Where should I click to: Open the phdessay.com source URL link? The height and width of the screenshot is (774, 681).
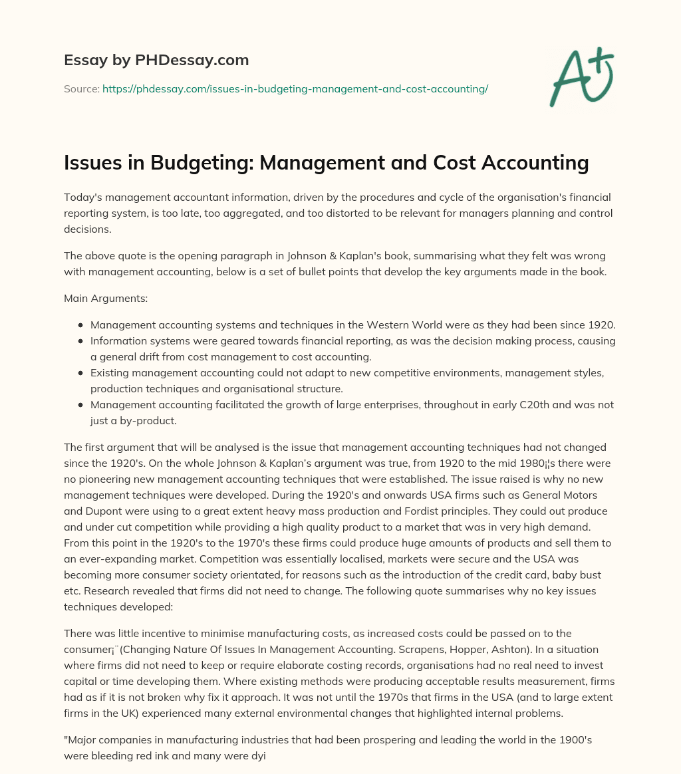click(x=295, y=88)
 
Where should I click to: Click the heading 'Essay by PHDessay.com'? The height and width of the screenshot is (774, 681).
click(x=156, y=60)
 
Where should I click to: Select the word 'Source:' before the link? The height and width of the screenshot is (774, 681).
click(x=81, y=88)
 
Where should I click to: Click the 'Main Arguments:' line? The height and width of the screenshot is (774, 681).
click(x=106, y=299)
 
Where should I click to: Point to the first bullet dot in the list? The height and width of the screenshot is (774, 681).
click(x=80, y=325)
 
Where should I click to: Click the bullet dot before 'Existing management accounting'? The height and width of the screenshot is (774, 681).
click(x=80, y=373)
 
